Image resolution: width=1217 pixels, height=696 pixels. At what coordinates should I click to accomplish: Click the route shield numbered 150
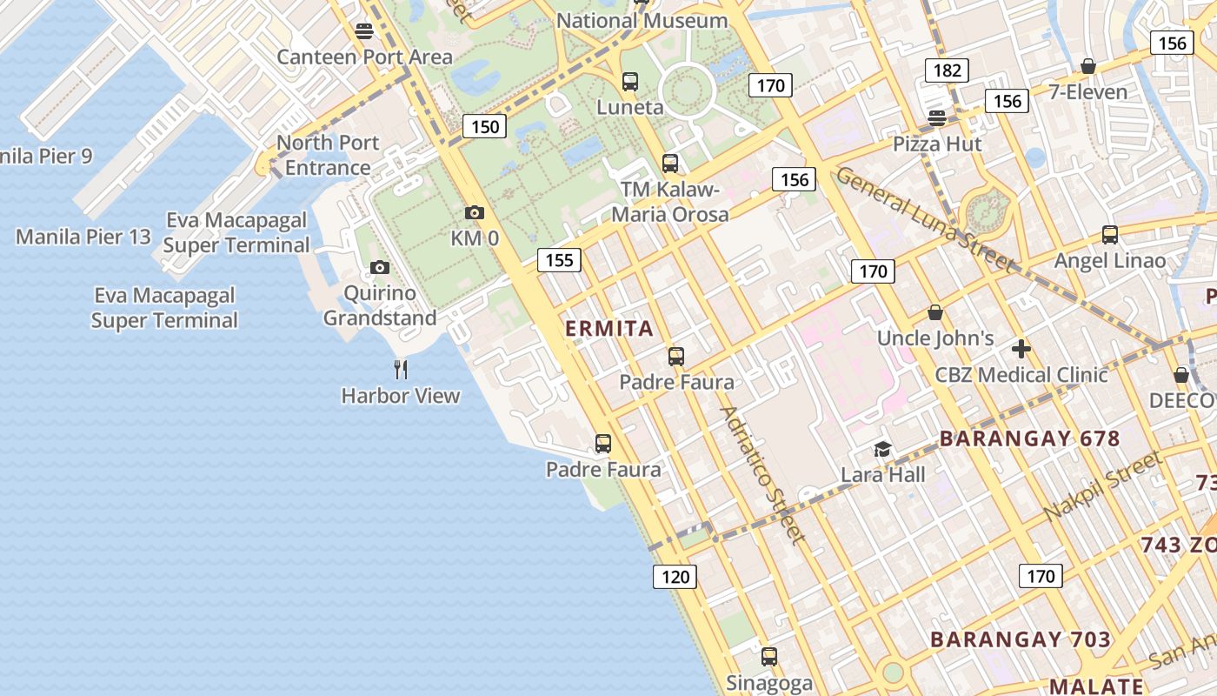tap(485, 127)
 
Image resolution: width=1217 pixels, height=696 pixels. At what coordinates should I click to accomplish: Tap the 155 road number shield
tap(560, 259)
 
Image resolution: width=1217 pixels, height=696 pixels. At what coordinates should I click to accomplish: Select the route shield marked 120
tap(675, 576)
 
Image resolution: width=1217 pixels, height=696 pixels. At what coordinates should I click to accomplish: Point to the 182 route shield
tap(946, 70)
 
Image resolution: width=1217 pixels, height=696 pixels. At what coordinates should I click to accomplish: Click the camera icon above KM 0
tap(474, 212)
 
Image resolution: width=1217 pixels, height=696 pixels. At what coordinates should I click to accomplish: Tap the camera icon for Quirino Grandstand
tap(379, 268)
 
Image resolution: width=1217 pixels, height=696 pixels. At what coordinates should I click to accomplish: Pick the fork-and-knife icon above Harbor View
tap(401, 370)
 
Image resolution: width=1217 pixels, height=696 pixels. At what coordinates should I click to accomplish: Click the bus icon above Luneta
tap(630, 82)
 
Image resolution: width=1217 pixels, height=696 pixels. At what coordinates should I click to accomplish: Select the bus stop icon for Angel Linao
tap(1110, 235)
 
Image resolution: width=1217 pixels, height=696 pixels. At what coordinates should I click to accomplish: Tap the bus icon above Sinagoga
tap(769, 657)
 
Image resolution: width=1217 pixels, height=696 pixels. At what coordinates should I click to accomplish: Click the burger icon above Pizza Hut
tap(936, 118)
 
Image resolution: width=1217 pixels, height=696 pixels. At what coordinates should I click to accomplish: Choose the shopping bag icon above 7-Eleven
tap(1087, 67)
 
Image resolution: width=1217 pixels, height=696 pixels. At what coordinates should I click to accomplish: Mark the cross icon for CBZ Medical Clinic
tap(1021, 350)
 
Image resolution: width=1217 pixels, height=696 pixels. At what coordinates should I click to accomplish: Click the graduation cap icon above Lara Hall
tap(882, 450)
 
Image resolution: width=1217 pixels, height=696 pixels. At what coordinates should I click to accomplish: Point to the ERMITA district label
tap(608, 329)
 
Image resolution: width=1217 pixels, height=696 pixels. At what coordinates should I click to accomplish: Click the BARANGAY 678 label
tap(1030, 438)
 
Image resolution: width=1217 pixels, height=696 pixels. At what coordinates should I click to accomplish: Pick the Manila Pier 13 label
tap(83, 237)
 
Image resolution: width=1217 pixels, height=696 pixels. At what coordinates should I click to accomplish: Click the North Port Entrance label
tap(328, 155)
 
